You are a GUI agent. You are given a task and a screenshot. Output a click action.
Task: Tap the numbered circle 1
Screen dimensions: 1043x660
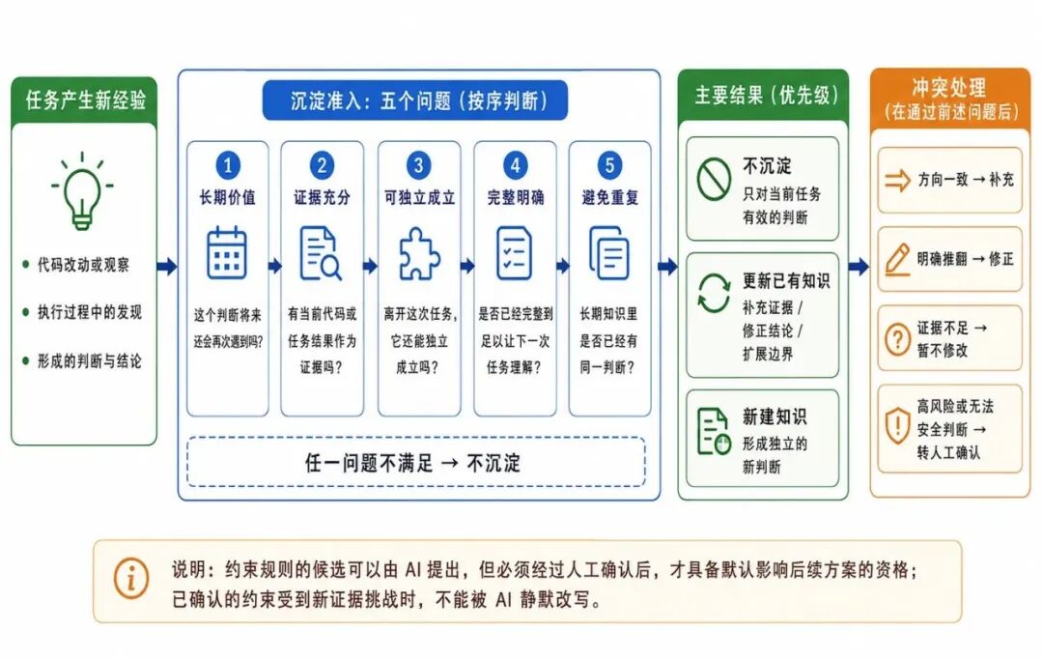pyautogui.click(x=228, y=165)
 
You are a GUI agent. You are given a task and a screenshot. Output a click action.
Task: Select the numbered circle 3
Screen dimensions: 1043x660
pyautogui.click(x=418, y=165)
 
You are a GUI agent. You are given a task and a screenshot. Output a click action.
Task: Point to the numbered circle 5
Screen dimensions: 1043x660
pyautogui.click(x=609, y=165)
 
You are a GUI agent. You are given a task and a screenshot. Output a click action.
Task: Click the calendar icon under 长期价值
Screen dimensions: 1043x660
pyautogui.click(x=227, y=253)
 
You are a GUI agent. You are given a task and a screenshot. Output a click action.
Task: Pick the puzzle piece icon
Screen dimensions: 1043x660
pyautogui.click(x=419, y=253)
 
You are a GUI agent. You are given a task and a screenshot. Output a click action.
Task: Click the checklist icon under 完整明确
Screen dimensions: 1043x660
pyautogui.click(x=514, y=253)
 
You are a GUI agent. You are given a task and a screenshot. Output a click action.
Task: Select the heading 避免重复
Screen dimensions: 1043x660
pyautogui.click(x=610, y=197)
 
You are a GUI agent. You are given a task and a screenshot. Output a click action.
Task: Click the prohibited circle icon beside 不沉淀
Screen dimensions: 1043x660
pyautogui.click(x=715, y=179)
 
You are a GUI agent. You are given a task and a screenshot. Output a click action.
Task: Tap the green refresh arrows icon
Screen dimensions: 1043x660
pyautogui.click(x=715, y=294)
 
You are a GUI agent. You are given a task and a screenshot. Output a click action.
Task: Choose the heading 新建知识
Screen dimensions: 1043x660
pyautogui.click(x=775, y=417)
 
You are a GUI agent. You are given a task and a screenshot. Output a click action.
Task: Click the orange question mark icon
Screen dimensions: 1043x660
pyautogui.click(x=897, y=339)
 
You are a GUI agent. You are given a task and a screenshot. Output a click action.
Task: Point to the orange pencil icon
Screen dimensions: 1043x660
pyautogui.click(x=897, y=260)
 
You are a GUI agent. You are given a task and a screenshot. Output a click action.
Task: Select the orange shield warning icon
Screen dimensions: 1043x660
pyautogui.click(x=897, y=426)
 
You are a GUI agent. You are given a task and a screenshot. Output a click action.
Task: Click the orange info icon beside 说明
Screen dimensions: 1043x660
pyautogui.click(x=131, y=578)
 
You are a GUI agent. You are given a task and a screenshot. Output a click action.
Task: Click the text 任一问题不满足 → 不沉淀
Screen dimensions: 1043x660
pyautogui.click(x=412, y=463)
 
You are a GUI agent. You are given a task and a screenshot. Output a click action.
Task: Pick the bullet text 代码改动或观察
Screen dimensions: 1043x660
pyautogui.click(x=83, y=265)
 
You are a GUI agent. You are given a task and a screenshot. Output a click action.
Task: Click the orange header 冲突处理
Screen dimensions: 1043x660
pyautogui.click(x=949, y=87)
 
